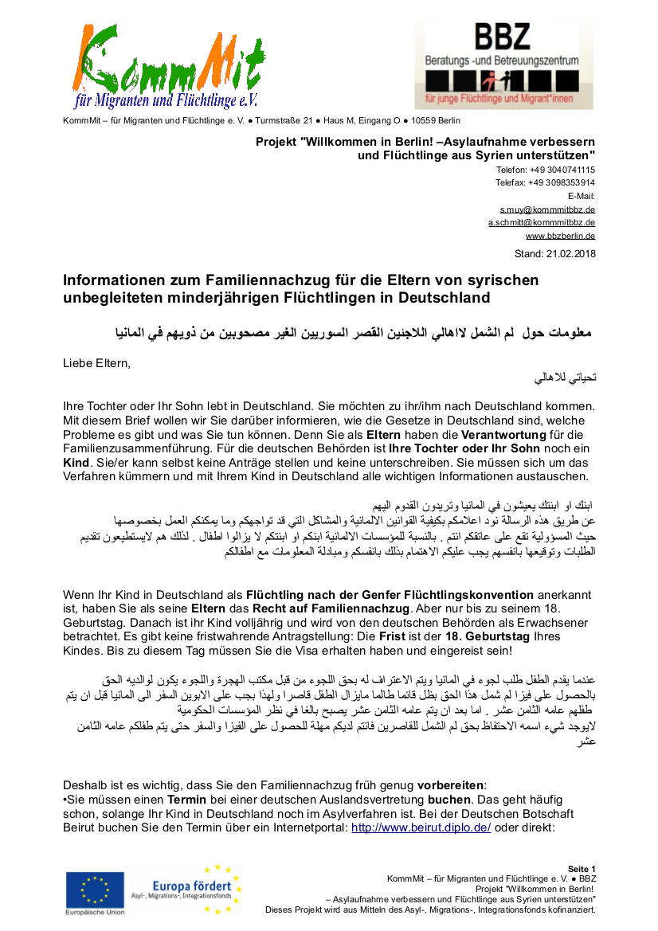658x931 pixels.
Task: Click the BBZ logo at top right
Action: pos(503,64)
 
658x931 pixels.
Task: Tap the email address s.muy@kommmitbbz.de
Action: pos(542,209)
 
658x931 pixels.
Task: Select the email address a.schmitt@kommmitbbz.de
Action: pos(542,223)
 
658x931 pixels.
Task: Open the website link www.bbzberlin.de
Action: pos(560,237)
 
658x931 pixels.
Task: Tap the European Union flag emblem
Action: pos(95,890)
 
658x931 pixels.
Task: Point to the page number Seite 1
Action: pos(582,869)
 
